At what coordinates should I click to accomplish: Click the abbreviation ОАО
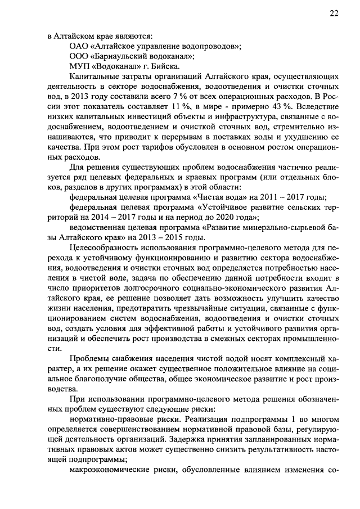(x=78, y=46)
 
